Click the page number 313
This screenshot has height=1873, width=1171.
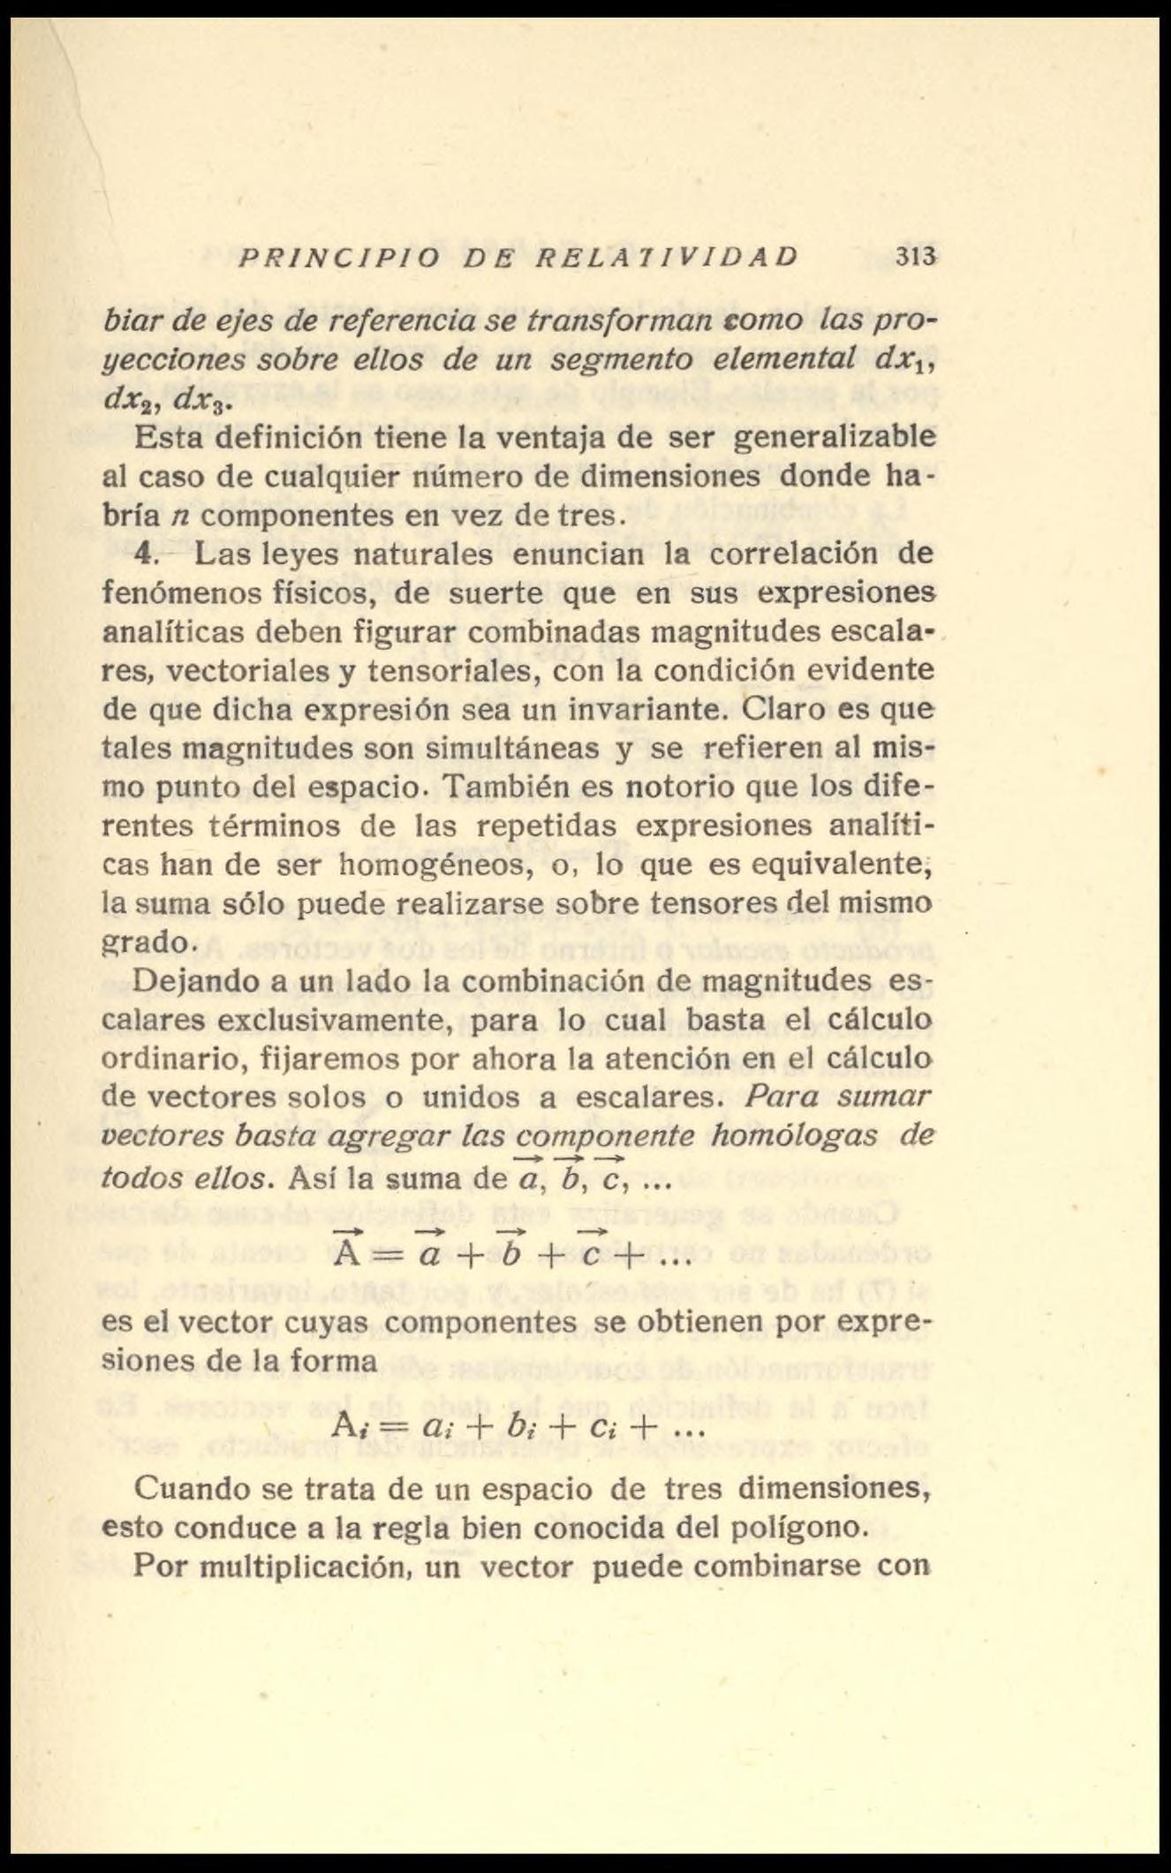[915, 257]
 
